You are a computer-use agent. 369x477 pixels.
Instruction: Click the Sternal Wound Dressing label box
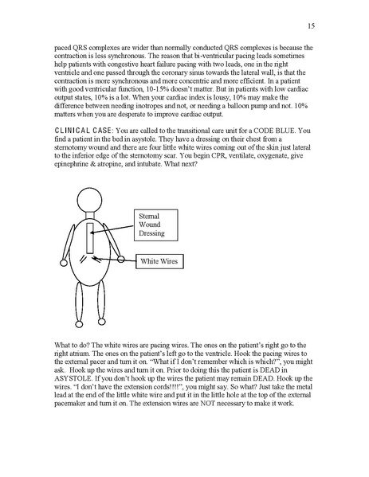pyautogui.click(x=156, y=225)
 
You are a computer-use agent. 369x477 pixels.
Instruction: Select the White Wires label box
pyautogui.click(x=159, y=260)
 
